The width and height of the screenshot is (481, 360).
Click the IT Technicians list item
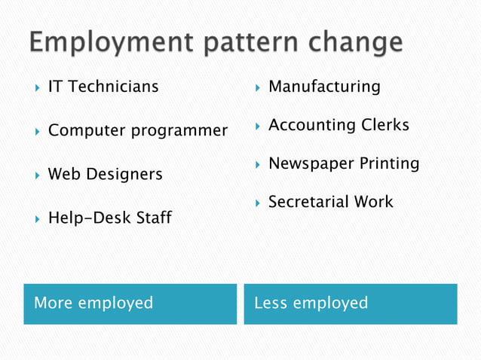[103, 87]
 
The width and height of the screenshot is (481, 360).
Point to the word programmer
[179, 131]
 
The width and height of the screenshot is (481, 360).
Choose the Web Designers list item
[105, 175]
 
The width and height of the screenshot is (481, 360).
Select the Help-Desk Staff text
[109, 218]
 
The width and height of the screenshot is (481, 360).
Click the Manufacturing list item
[324, 87]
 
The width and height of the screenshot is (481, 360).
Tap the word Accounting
[308, 125]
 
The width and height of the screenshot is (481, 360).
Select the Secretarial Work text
[330, 202]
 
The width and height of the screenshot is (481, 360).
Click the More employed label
[93, 303]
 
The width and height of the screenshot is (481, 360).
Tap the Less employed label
[311, 303]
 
